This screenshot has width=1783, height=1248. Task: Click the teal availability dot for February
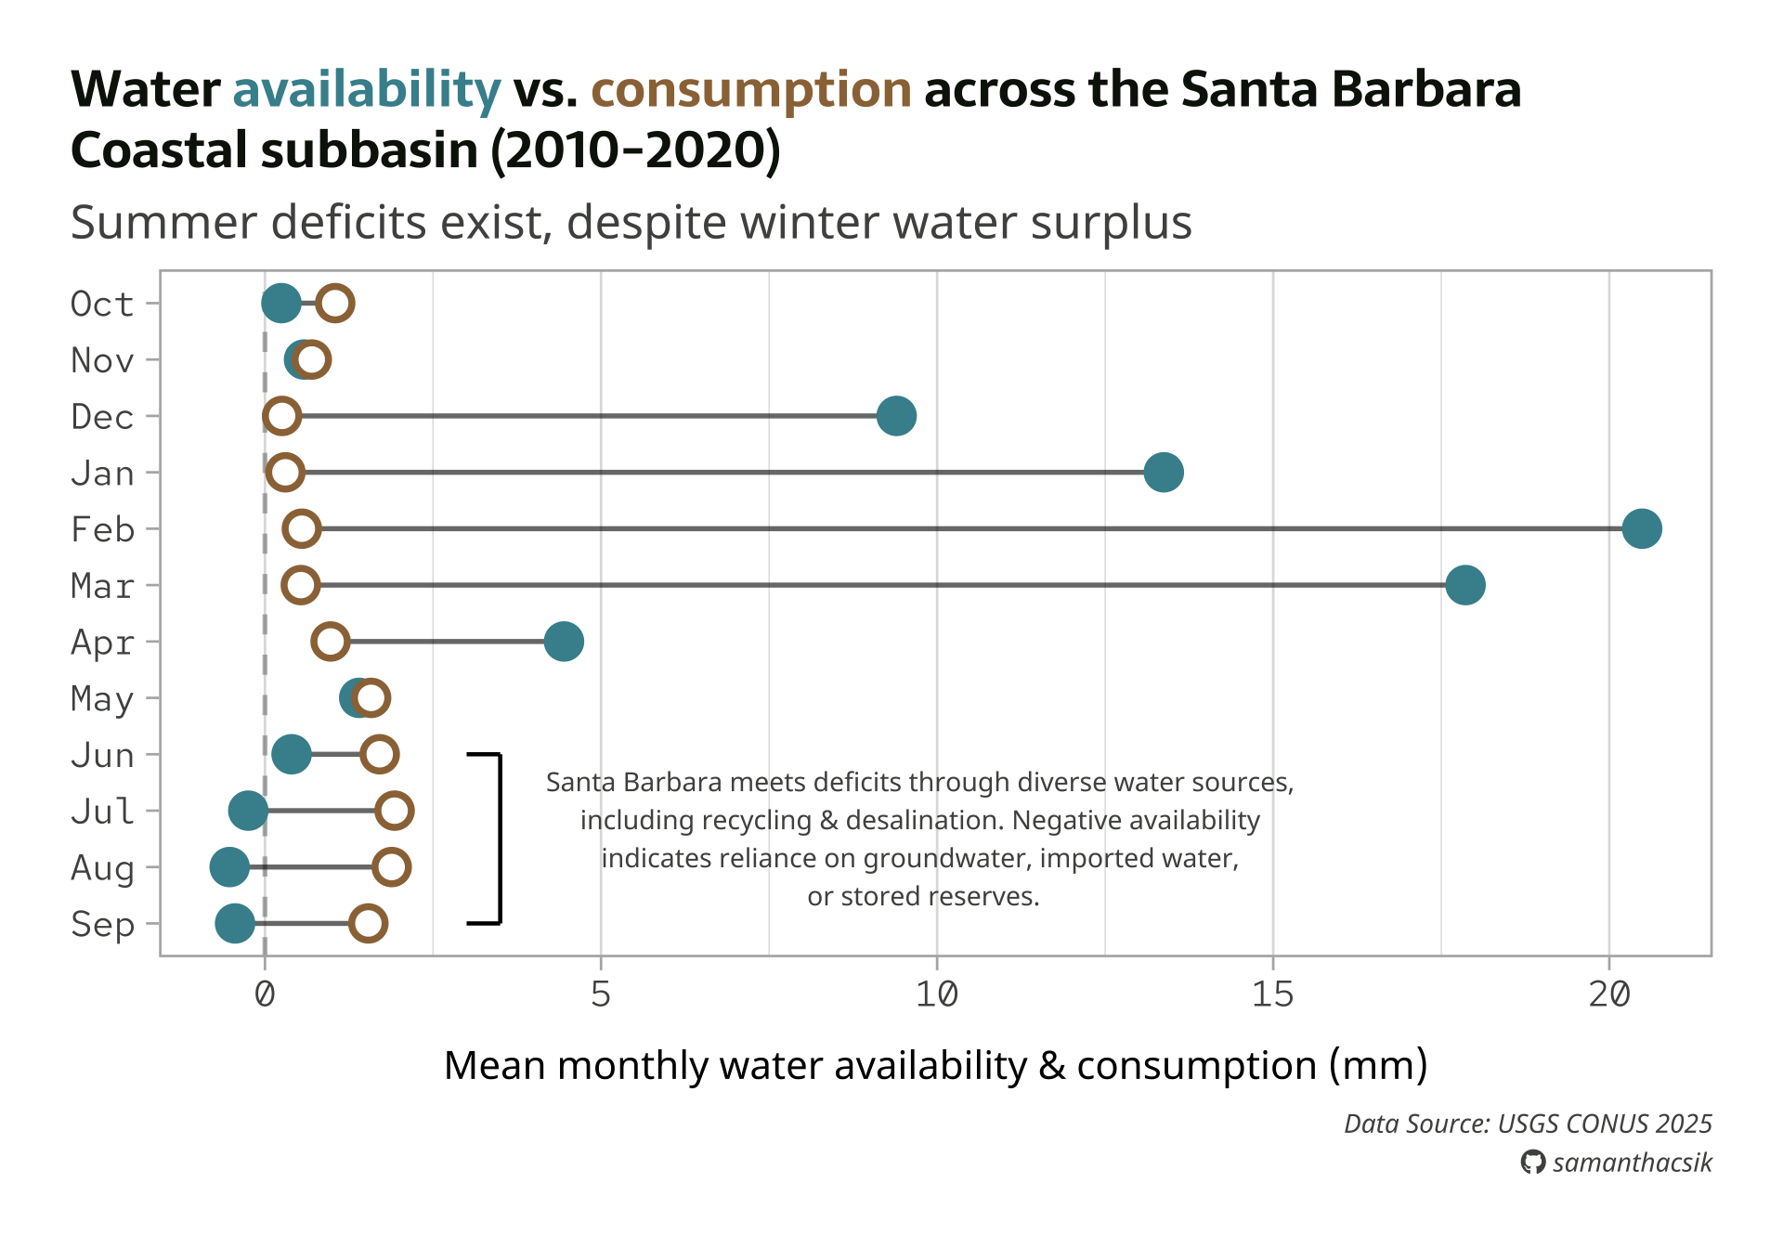click(x=1641, y=528)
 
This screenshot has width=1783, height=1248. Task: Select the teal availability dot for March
click(x=1464, y=585)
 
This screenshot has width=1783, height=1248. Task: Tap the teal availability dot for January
click(x=1163, y=472)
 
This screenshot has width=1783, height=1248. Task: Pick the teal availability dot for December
click(x=896, y=415)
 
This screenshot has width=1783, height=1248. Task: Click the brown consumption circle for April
click(x=331, y=641)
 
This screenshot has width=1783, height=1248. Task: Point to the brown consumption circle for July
click(x=395, y=810)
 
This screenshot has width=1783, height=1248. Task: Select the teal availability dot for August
click(x=229, y=866)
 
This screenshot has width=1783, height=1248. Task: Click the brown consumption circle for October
click(x=334, y=303)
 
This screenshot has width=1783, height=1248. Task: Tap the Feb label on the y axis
click(x=102, y=529)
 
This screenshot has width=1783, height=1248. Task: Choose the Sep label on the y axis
click(x=102, y=924)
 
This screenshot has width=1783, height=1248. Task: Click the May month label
click(x=102, y=698)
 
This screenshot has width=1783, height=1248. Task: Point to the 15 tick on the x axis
click(x=1272, y=994)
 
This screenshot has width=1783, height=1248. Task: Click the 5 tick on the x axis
click(x=601, y=994)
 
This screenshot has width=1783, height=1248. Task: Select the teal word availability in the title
click(x=366, y=90)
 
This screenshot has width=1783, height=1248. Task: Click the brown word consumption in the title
click(x=750, y=90)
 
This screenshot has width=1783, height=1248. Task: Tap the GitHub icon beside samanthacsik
click(x=1532, y=1162)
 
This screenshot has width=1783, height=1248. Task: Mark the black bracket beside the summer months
click(x=500, y=838)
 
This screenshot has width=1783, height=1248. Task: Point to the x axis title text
click(x=935, y=1065)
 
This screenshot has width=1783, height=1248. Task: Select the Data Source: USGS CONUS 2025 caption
click(x=1528, y=1124)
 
